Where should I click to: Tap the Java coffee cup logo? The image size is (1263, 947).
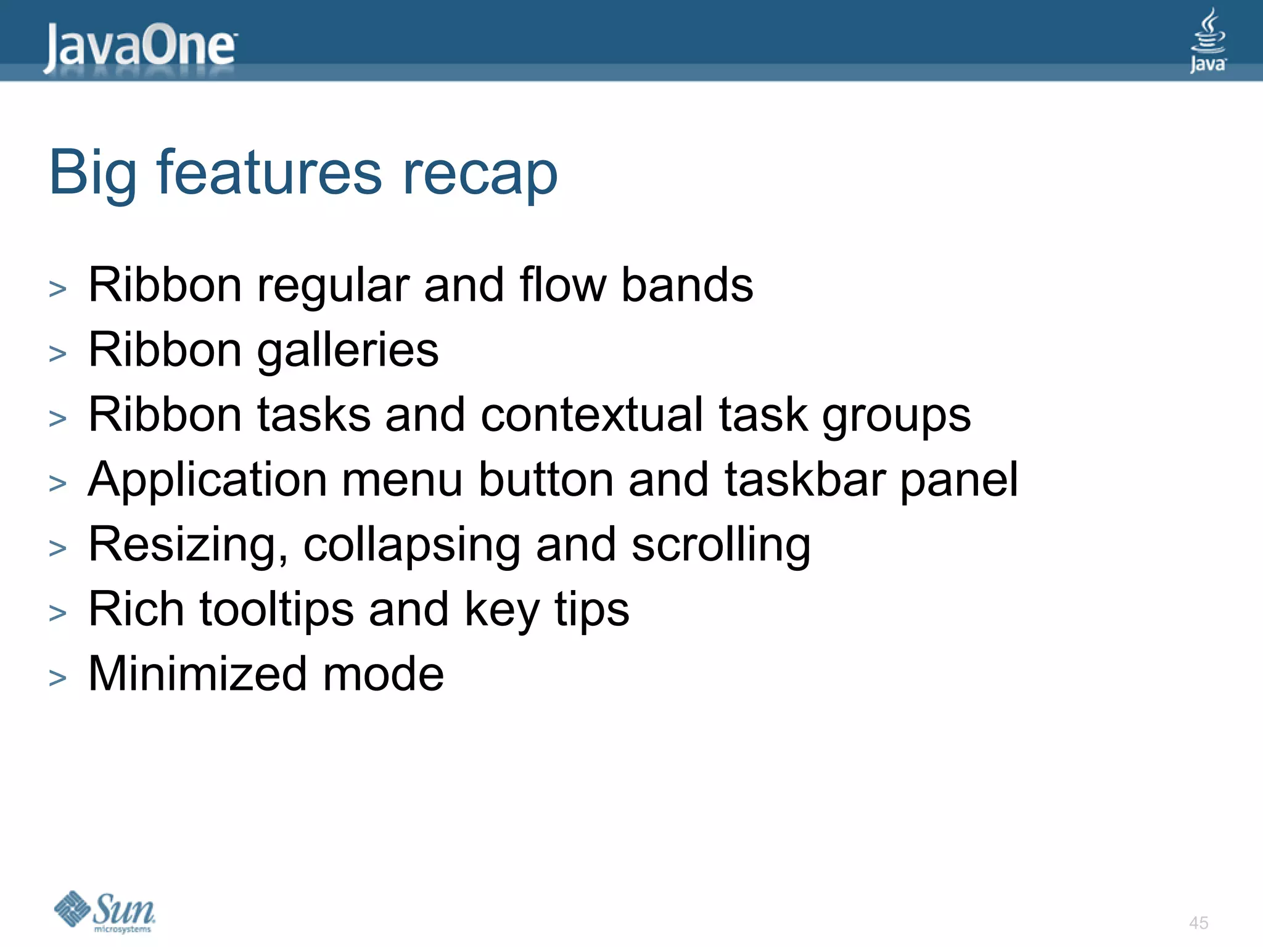[1207, 41]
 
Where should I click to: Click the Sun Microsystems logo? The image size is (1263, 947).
[105, 911]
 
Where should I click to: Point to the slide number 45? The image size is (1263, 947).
[1198, 923]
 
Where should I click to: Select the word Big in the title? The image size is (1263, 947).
[92, 174]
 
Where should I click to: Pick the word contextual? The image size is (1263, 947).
[591, 414]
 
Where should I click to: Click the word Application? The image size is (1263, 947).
[207, 481]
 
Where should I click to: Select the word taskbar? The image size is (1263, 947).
[804, 480]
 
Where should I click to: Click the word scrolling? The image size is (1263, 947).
[721, 546]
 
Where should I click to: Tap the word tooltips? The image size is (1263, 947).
[276, 610]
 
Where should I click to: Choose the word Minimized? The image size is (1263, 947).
[197, 674]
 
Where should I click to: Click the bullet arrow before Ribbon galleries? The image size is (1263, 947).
[57, 354]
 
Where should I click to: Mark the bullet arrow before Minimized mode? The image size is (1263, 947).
[57, 678]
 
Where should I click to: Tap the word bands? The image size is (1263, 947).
[687, 285]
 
